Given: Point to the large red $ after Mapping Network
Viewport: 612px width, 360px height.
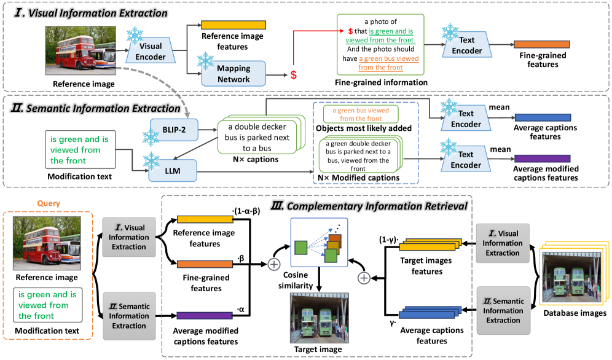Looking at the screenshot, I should [294, 75].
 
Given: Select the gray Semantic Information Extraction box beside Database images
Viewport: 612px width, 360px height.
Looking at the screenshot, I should [503, 311].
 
